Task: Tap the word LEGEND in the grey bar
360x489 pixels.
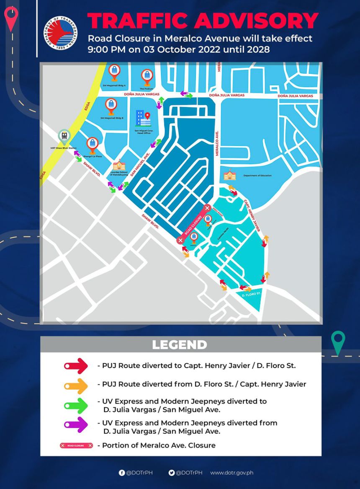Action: click(180, 345)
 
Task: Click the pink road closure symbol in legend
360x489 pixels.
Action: click(76, 445)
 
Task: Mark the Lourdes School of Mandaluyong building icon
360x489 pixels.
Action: click(119, 165)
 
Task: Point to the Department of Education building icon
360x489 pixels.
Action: click(230, 175)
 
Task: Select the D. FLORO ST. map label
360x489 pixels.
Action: click(252, 295)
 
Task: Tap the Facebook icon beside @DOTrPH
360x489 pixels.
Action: click(122, 473)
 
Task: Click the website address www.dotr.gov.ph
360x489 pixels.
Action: click(231, 473)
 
